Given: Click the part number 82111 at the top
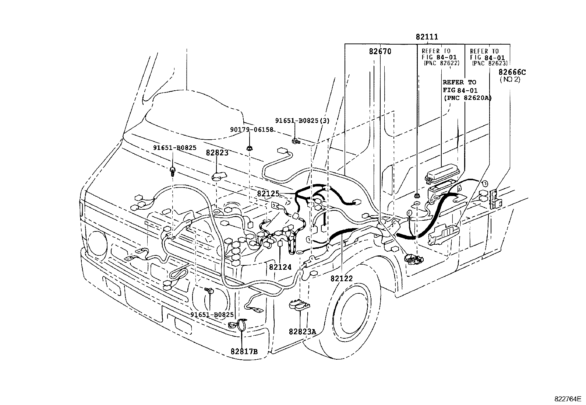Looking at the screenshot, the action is pos(427,37).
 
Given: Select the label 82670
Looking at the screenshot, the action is pos(380,51).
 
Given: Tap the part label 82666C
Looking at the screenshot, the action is pos(512,72).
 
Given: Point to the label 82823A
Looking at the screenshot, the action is pos(303,332).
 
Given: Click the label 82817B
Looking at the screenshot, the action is pos(244,351).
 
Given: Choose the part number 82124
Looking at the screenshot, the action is pos(280,267).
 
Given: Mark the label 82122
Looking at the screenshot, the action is pos(342,279).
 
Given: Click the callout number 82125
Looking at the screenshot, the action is pos(268,193).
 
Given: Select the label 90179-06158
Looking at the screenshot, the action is pos(252,130).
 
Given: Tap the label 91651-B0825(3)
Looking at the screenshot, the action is pos(302,121).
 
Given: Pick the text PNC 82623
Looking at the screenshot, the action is pos(490,63).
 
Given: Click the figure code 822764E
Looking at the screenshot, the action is pos(568,399).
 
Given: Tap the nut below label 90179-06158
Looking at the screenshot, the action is pos(249,148).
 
